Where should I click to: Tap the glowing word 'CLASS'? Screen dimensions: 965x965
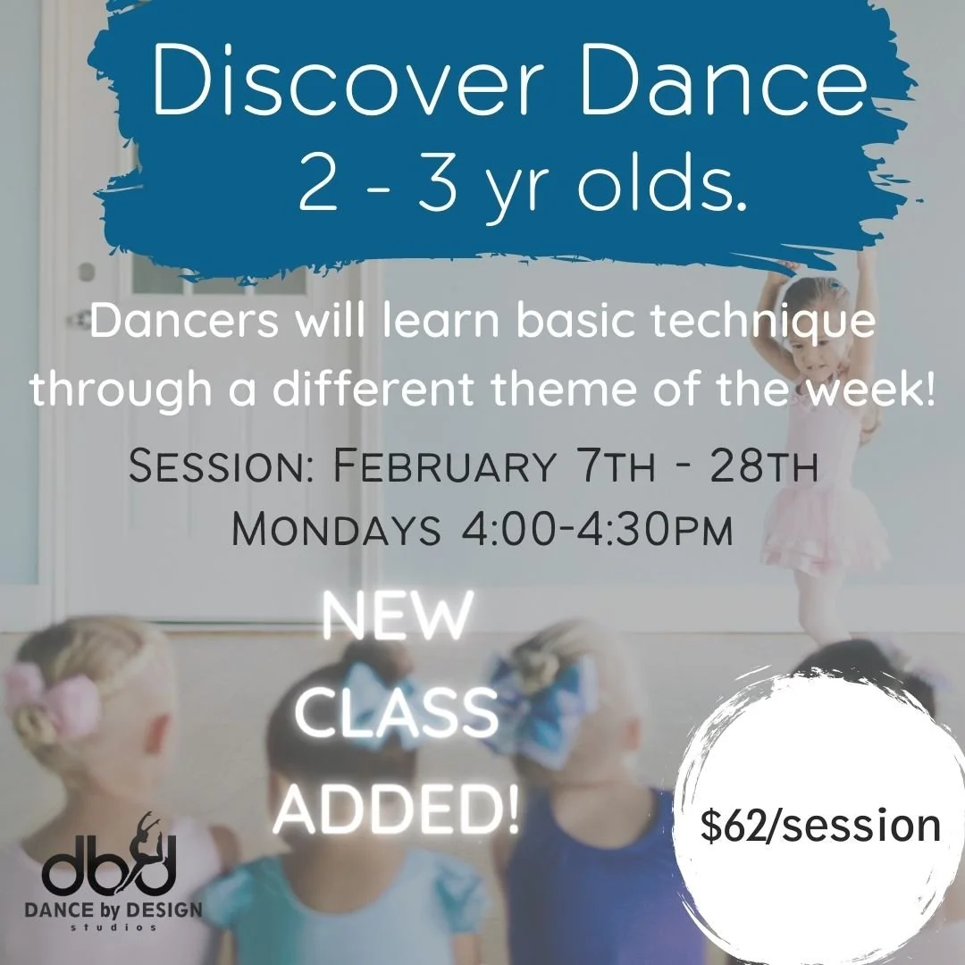(397, 715)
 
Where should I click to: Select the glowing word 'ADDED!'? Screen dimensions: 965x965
(397, 810)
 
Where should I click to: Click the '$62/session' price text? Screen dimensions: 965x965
(820, 826)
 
